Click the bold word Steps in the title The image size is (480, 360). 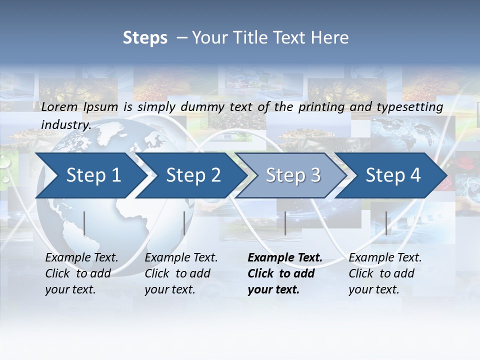[145, 38]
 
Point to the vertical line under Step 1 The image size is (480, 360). [84, 223]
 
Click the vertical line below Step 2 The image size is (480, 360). [184, 223]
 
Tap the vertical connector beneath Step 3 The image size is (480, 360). [285, 223]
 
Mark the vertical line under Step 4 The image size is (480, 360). [386, 223]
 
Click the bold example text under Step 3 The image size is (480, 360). [284, 273]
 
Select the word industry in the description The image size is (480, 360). [65, 124]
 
